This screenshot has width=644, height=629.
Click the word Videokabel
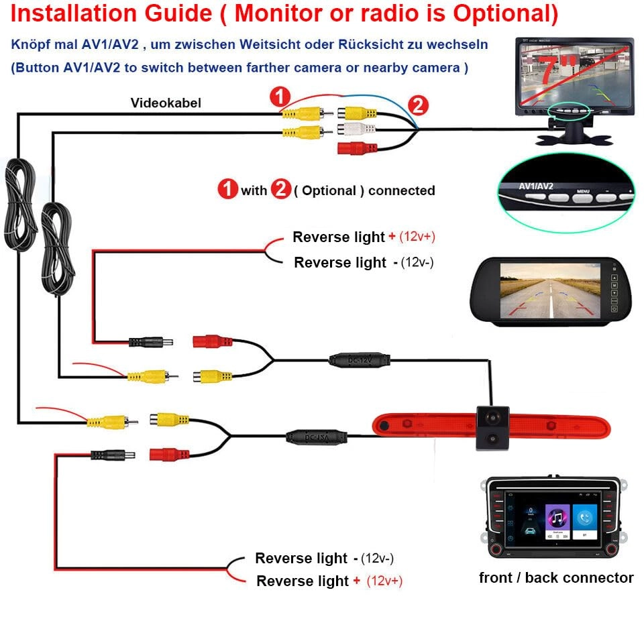click(165, 103)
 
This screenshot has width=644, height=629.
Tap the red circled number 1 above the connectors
click(280, 97)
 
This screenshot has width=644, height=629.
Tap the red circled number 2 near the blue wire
click(417, 105)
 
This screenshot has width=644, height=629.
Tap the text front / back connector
click(556, 578)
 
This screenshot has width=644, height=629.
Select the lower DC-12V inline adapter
click(317, 437)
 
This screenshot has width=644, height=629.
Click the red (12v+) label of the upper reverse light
click(422, 237)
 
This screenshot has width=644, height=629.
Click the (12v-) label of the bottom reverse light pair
click(377, 558)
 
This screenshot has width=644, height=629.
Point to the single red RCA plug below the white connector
click(354, 148)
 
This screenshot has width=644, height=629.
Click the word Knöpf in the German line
click(30, 45)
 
